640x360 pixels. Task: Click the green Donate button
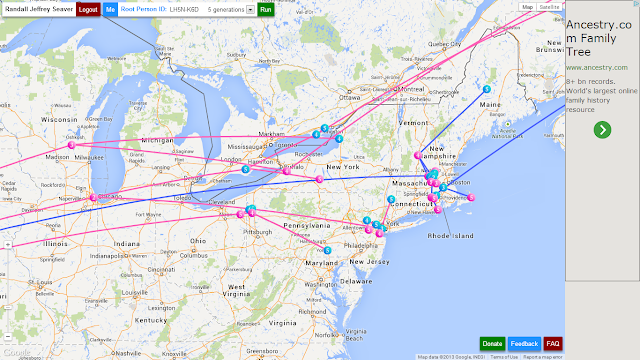(492, 344)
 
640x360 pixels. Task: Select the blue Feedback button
(524, 344)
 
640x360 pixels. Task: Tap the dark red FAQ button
(553, 344)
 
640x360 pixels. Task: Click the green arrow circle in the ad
(602, 129)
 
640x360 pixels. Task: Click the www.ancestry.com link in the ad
(596, 67)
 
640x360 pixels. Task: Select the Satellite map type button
(548, 6)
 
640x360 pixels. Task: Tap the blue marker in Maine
(487, 90)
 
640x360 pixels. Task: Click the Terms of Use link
(503, 356)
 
